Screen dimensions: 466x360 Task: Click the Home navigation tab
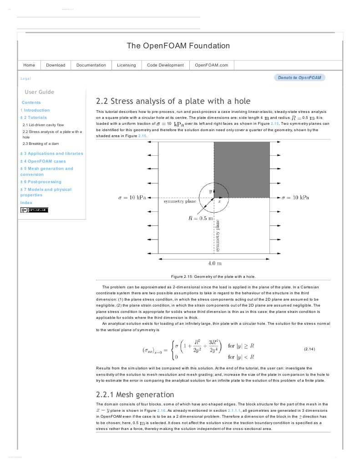pos(29,65)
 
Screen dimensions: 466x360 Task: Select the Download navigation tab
pos(56,65)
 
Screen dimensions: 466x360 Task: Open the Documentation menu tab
pos(91,65)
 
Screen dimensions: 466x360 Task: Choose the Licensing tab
pos(126,65)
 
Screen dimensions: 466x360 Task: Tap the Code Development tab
pos(165,65)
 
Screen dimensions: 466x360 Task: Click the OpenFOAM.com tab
pos(211,65)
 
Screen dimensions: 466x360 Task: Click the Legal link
pos(26,79)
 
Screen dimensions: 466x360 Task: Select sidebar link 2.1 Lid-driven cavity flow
pos(43,124)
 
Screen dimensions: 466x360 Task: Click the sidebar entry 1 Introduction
pos(35,110)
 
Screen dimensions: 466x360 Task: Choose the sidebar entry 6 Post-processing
pos(41,182)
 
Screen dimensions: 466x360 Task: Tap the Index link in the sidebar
pos(26,202)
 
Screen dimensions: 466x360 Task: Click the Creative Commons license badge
pos(34,210)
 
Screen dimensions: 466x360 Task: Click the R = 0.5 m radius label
pos(201,219)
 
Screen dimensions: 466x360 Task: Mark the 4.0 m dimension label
pos(214,263)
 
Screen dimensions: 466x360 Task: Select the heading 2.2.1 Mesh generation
pos(135,394)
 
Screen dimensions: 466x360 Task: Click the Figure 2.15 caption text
pos(213,277)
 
